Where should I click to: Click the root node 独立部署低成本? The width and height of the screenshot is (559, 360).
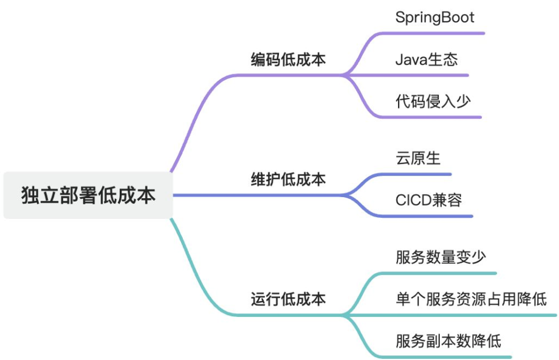88,195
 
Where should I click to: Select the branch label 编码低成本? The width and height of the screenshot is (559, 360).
288,60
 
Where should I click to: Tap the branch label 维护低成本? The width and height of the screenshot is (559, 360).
288,179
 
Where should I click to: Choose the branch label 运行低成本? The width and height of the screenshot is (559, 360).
288,299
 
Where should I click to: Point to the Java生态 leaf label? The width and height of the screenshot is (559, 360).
426,60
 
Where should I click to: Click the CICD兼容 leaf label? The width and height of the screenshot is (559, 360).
428,199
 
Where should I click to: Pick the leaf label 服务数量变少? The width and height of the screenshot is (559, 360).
441,257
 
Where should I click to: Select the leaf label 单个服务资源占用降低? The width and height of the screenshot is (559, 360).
471,299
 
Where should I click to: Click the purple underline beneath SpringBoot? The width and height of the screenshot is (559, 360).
437,33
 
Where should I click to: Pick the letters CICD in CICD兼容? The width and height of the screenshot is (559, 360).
413,199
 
